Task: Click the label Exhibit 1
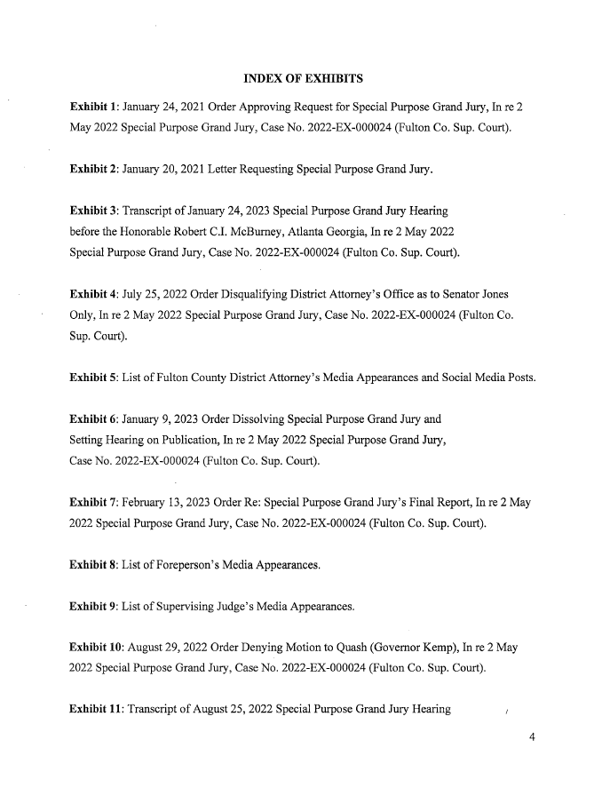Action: point(95,107)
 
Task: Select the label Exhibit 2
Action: point(95,169)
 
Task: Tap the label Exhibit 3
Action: point(95,212)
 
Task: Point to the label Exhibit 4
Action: point(95,294)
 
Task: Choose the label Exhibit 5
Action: point(95,377)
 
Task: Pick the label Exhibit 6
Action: point(95,419)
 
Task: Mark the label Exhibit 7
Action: point(95,502)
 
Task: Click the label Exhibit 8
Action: point(95,564)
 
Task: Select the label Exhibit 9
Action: point(95,608)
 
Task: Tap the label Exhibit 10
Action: point(98,649)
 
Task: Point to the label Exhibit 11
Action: point(98,710)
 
